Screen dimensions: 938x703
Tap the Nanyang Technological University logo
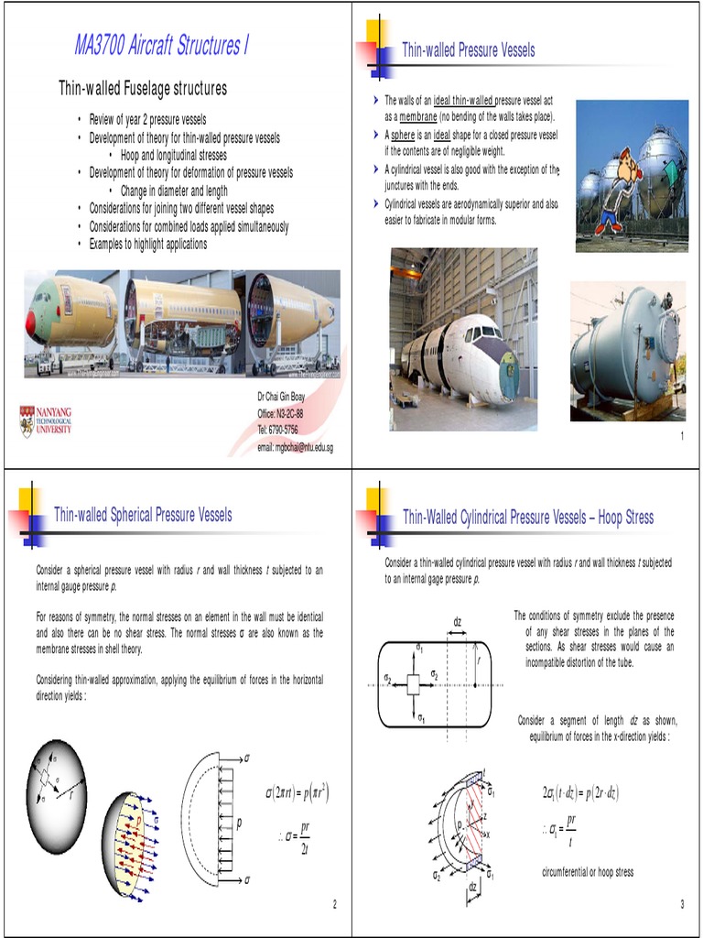46,420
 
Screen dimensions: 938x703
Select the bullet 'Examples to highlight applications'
148,244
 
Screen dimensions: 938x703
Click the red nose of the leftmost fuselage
30,322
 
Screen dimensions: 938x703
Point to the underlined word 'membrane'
418,117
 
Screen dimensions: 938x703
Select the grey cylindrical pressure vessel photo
627,351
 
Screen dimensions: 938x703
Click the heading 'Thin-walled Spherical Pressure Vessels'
143,515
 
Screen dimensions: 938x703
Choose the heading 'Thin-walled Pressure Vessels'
469,50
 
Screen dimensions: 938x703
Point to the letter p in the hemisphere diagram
239,823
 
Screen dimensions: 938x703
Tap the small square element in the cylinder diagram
414,682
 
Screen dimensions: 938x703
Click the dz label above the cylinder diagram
457,623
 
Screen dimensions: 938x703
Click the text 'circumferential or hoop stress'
588,871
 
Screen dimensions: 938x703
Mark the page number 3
682,905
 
